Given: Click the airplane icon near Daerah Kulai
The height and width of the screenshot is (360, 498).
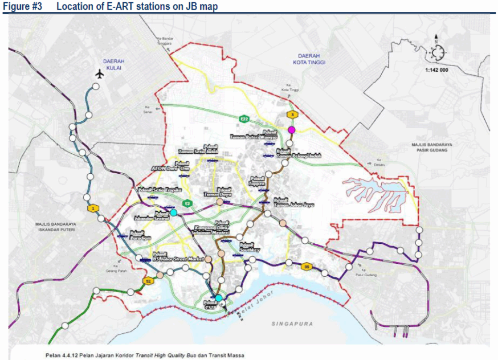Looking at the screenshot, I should [100, 74].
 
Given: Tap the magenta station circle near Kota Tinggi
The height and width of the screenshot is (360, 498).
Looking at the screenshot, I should [292, 130].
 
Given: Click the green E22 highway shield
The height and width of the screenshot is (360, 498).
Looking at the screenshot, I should [244, 118].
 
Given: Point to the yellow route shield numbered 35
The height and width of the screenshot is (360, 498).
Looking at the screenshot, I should [307, 266].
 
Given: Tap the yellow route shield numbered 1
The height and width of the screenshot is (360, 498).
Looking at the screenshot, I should [92, 208].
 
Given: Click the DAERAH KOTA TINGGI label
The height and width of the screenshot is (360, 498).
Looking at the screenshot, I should [307, 59].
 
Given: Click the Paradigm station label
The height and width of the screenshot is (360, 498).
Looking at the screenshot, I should [136, 235].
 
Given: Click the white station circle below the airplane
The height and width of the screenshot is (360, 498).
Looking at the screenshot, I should [96, 86].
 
